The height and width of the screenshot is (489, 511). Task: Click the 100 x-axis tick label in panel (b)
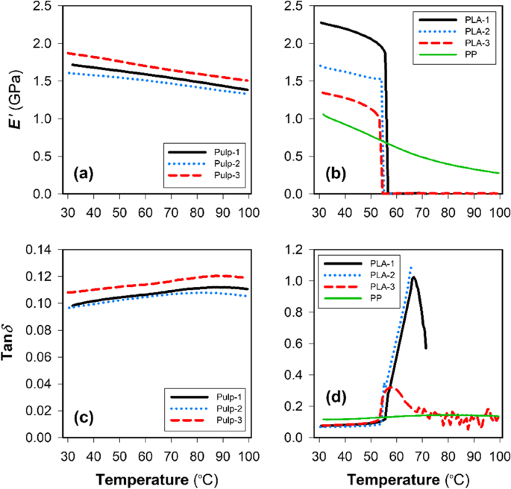click(x=498, y=212)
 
